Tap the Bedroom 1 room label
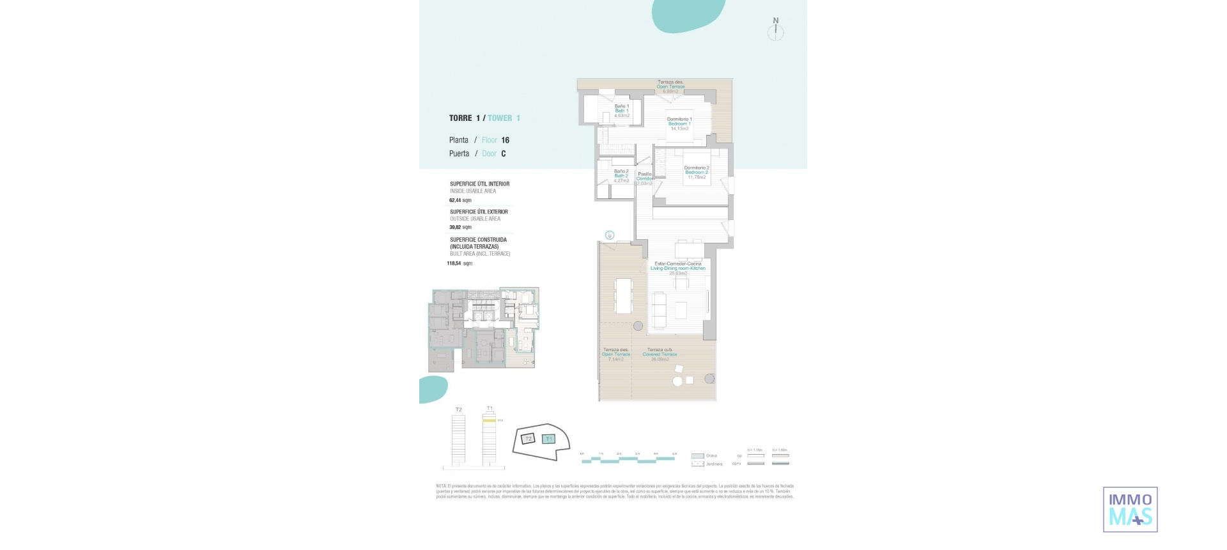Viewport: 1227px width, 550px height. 679,123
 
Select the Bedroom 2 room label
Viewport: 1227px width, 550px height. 697,172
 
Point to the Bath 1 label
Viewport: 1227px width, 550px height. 621,111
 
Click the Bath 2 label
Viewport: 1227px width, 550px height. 621,176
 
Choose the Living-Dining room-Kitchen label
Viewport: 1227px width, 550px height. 678,268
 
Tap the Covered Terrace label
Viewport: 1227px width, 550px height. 660,354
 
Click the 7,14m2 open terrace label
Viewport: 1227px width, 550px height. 615,359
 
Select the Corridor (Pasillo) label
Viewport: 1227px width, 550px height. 645,178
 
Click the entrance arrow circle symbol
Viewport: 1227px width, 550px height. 610,235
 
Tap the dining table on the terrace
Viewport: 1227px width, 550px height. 623,296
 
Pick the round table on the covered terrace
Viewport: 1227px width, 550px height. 677,382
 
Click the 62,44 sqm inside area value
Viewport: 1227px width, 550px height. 460,200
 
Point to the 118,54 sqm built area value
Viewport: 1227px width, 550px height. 459,263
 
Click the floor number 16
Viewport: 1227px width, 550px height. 505,140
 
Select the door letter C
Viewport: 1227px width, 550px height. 504,153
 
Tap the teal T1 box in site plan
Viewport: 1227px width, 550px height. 548,439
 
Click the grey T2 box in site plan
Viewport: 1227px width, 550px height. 528,439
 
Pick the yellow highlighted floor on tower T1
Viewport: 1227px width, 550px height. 489,421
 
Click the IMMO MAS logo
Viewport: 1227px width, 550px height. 1130,510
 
